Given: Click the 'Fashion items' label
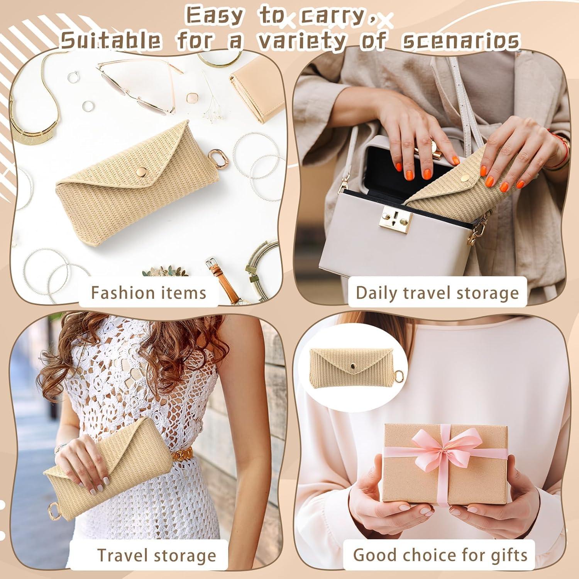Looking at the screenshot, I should [x=149, y=293].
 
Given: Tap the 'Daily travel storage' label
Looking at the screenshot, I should [x=437, y=293].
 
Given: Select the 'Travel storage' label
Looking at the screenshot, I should [x=156, y=555].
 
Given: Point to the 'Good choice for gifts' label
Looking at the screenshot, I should [x=440, y=555].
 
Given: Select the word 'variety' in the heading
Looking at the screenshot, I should [x=301, y=41].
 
